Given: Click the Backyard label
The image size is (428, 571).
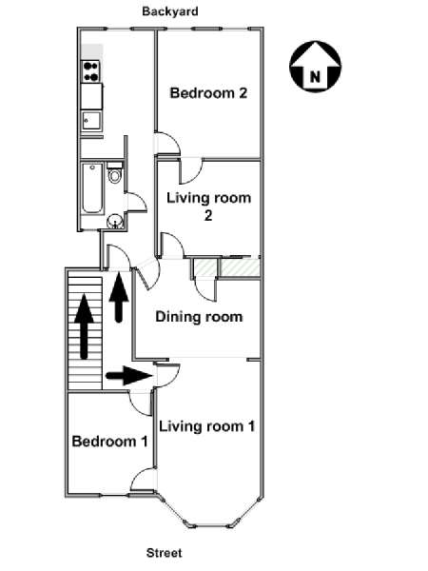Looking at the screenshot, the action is point(170,11).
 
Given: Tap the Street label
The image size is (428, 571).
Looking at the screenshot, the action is point(165,553).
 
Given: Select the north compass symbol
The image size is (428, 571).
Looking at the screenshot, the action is point(315,67).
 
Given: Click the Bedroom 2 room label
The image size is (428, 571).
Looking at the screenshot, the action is point(208,93).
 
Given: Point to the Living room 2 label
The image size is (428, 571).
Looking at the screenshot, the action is point(209,207).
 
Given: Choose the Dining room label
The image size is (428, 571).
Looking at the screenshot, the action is point(199,317).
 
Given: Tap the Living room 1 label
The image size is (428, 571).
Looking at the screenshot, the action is point(207,426).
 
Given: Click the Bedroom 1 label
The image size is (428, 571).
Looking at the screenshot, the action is point(109,442).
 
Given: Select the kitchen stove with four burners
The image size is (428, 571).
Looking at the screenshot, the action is point(91,71).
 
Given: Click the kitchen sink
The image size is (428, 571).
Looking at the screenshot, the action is point(91,121).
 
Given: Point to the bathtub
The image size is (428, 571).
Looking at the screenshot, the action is point(92,188).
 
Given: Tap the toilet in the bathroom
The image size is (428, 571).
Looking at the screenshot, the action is point(115,173).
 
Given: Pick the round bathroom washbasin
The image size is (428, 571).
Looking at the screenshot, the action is point(115,222).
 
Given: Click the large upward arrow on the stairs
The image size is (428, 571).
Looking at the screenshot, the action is point(84,326).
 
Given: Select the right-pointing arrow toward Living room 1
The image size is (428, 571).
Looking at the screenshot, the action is point(128,376).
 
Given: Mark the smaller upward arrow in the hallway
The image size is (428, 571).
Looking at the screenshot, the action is point(119,298).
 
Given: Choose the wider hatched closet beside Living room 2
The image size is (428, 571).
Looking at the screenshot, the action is point(240,267).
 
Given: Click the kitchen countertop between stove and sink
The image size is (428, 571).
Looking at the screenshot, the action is point(91,96).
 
